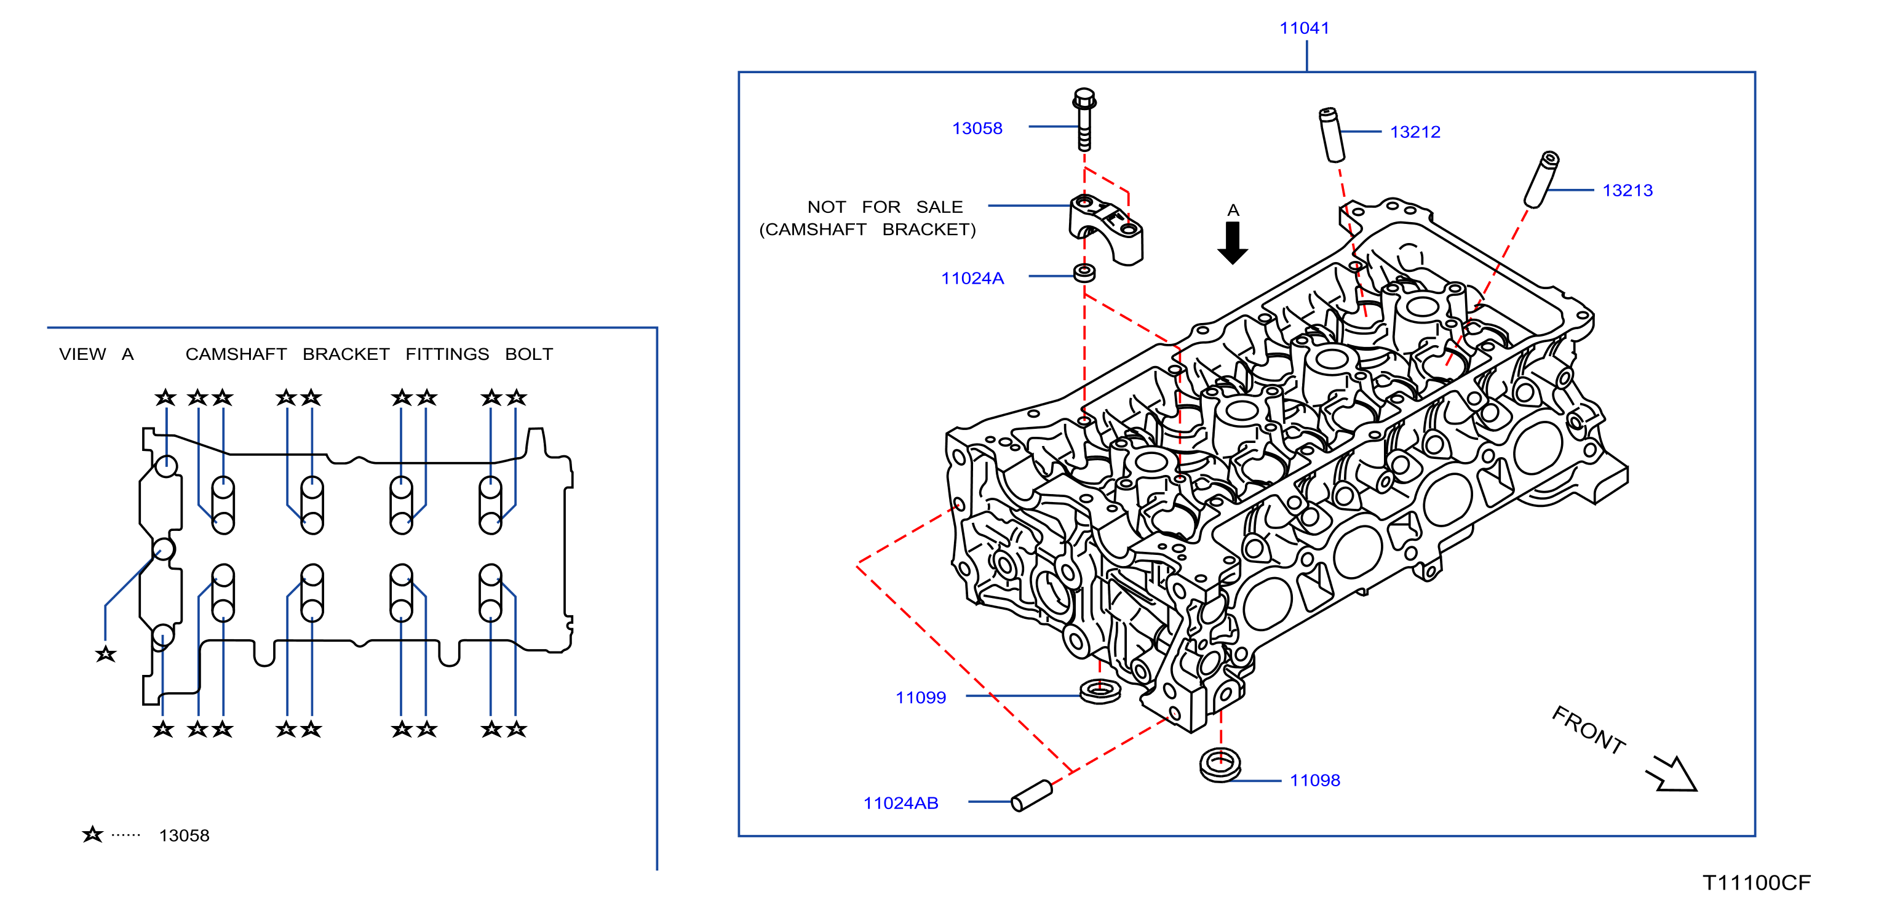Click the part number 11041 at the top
[x=1304, y=28]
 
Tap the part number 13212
[x=1415, y=132]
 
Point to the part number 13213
[x=1628, y=190]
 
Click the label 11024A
[x=972, y=278]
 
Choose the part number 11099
[x=920, y=697]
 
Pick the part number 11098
[x=1314, y=780]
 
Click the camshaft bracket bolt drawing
[x=1084, y=119]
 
